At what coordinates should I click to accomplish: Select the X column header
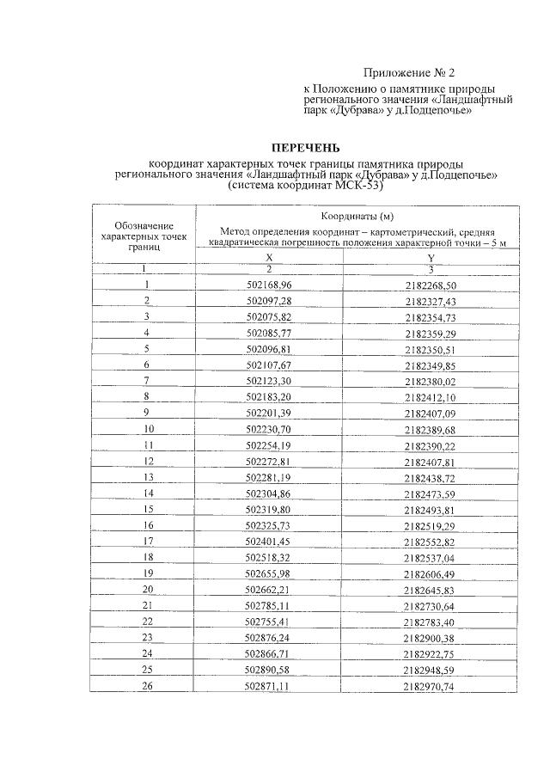(x=268, y=258)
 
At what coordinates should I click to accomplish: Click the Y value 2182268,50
(x=431, y=285)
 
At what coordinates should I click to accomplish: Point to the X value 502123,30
(x=269, y=380)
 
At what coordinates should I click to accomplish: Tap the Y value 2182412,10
(x=431, y=397)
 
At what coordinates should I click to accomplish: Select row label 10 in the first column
(x=148, y=428)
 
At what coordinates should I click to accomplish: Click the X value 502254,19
(x=269, y=444)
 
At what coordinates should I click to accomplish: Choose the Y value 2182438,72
(x=431, y=477)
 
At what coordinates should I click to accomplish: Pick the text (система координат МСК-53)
(x=305, y=185)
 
